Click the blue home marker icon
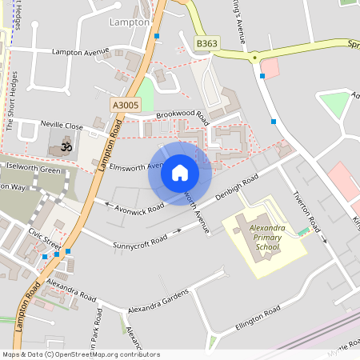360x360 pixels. tap(180, 172)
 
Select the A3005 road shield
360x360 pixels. tap(126, 105)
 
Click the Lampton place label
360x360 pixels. tap(130, 22)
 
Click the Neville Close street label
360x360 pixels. tap(62, 126)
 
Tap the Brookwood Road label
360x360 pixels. tap(182, 116)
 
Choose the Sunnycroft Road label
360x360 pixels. tap(140, 238)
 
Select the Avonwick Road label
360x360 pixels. tap(140, 206)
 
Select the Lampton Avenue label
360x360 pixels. tap(80, 52)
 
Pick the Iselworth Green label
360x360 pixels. tap(33, 170)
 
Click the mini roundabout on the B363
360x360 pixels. tap(255, 57)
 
